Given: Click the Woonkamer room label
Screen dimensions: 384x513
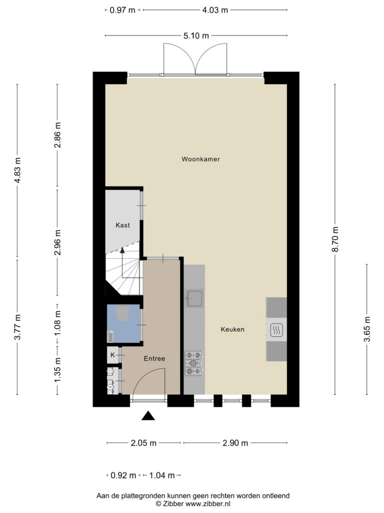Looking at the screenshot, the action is click(x=200, y=159).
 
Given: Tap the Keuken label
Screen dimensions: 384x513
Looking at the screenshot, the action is click(x=232, y=330).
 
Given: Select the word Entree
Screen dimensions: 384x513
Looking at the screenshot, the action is click(x=154, y=359).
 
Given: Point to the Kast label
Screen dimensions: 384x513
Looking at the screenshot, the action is click(x=123, y=225).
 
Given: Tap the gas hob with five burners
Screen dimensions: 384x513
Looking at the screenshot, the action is click(x=194, y=363).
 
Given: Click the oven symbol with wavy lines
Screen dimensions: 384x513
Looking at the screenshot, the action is click(x=276, y=330).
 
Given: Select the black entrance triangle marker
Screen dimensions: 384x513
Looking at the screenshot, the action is click(x=148, y=415).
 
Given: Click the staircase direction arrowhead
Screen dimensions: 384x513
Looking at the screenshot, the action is click(x=122, y=250).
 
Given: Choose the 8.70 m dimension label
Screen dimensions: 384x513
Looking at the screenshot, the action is click(x=335, y=239).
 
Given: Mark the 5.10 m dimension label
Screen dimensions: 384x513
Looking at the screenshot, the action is click(x=196, y=36).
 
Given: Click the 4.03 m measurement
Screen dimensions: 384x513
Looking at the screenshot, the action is click(x=215, y=10).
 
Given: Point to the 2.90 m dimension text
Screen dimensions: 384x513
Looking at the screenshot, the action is click(x=235, y=443).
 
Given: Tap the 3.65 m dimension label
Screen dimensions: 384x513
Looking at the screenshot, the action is click(x=367, y=329).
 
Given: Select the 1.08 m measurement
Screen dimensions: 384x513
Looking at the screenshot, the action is click(x=57, y=323).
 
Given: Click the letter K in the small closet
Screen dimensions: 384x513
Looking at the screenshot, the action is click(x=112, y=355).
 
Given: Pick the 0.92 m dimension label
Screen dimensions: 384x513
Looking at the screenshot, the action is click(x=123, y=475).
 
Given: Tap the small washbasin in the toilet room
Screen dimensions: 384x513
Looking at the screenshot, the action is click(x=110, y=336).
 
